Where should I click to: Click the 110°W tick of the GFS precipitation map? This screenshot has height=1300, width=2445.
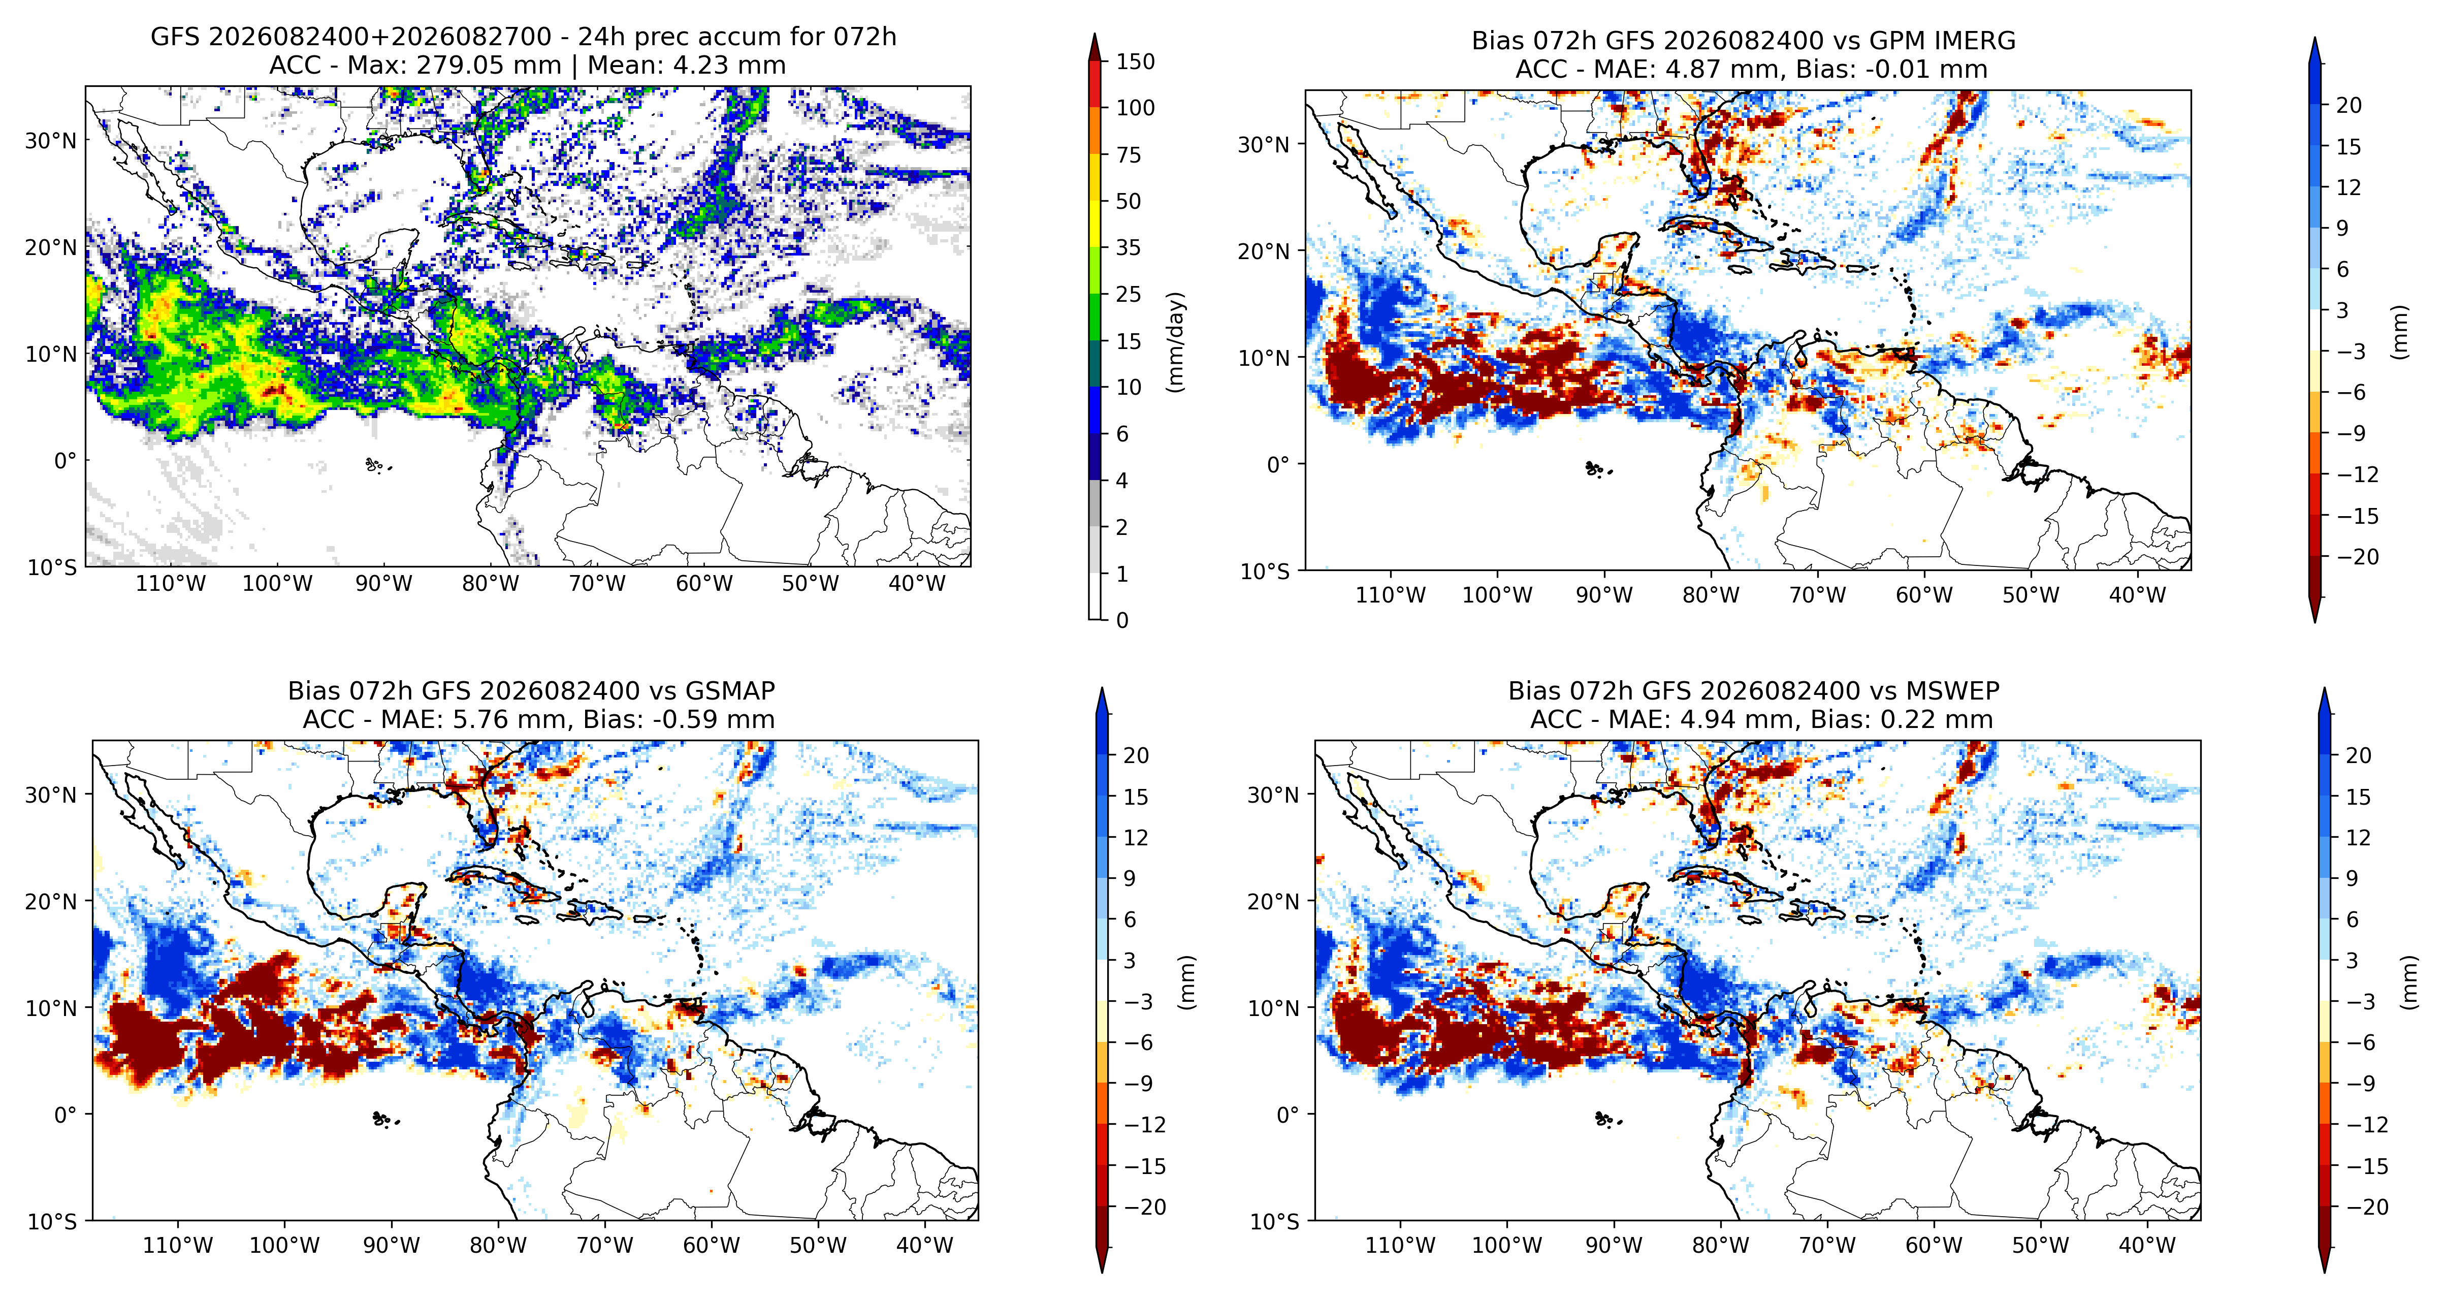click(x=171, y=583)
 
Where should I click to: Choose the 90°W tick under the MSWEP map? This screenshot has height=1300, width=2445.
click(x=1614, y=1245)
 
